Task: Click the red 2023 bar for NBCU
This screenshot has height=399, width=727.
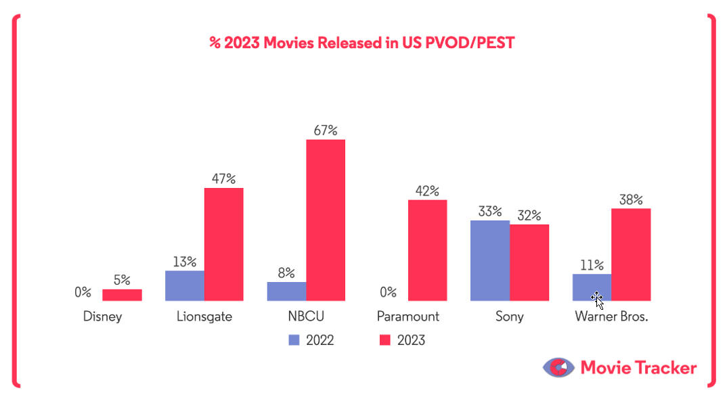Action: pos(326,220)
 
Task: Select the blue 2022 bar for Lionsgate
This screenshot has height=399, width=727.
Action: pos(184,285)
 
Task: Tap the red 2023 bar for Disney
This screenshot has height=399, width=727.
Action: pos(122,295)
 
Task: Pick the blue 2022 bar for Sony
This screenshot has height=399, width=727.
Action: pos(489,260)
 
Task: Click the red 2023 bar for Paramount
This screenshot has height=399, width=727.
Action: pos(427,250)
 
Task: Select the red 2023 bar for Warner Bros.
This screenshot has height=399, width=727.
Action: pos(631,254)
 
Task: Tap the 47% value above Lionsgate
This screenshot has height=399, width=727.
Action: pos(223,179)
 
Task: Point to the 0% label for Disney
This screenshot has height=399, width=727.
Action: pos(83,292)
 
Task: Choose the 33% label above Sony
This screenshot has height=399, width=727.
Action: pos(489,211)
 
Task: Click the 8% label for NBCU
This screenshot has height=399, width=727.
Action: pos(286,273)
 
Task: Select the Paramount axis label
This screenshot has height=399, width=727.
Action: pos(408,316)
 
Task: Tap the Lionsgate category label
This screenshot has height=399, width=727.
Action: pos(204,316)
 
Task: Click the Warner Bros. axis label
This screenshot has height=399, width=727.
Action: pos(611,316)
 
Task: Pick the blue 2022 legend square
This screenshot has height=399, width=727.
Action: pos(293,340)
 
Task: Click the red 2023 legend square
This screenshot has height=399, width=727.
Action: pos(384,340)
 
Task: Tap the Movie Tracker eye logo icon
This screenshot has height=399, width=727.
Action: pos(557,368)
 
